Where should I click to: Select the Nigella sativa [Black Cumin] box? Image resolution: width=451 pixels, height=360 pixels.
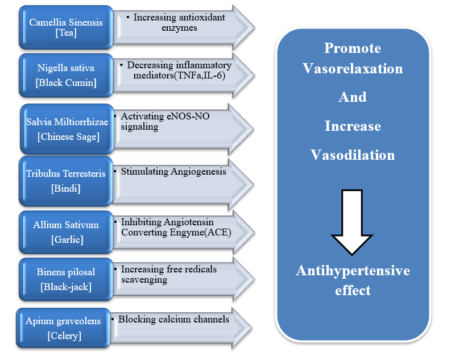click(x=65, y=75)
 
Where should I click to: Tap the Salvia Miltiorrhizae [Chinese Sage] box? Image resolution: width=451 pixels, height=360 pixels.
click(x=67, y=129)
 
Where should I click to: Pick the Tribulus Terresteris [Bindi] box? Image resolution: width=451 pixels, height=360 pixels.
click(x=65, y=181)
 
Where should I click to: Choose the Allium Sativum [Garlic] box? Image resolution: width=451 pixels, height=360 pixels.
click(x=65, y=231)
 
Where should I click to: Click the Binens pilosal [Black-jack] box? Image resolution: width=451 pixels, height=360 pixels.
click(x=65, y=279)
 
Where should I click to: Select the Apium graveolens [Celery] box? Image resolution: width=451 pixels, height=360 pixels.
click(x=63, y=328)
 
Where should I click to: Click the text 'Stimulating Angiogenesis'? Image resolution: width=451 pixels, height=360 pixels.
click(x=173, y=171)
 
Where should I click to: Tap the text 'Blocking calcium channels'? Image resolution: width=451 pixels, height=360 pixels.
click(x=173, y=319)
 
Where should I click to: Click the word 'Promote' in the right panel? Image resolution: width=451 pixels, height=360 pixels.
click(x=353, y=48)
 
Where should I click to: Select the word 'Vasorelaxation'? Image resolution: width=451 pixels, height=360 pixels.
click(x=353, y=69)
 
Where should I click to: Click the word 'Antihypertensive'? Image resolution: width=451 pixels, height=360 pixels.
click(x=353, y=271)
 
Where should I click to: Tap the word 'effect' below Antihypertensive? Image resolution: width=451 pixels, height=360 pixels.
click(x=353, y=291)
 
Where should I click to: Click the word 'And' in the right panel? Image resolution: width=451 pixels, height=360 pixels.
click(x=353, y=97)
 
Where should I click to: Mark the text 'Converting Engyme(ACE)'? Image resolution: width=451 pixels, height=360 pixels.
click(x=176, y=232)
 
